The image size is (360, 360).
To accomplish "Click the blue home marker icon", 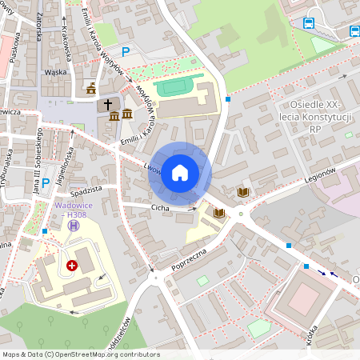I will (x=180, y=173).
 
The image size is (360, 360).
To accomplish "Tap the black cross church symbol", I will (x=107, y=105).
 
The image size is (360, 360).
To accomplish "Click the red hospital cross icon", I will (x=72, y=265).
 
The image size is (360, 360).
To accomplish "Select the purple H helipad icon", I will (x=74, y=226).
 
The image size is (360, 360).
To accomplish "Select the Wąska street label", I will (x=55, y=71).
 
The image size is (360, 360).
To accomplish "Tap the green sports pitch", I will (x=179, y=86).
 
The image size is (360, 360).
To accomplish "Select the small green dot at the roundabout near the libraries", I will (x=241, y=213).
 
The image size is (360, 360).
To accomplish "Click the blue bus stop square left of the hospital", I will (x=45, y=230).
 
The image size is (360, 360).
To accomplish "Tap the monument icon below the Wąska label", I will (x=90, y=87).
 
